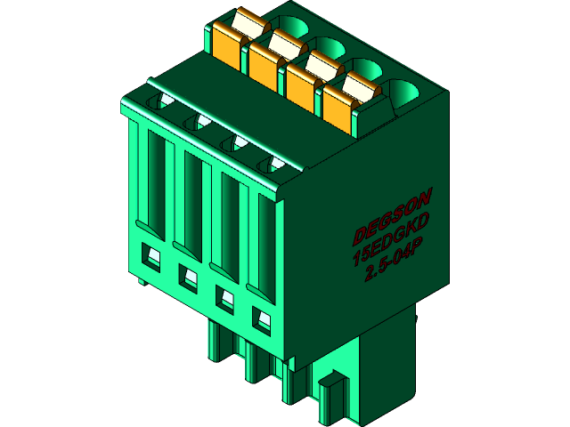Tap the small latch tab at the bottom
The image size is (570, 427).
(331, 391)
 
